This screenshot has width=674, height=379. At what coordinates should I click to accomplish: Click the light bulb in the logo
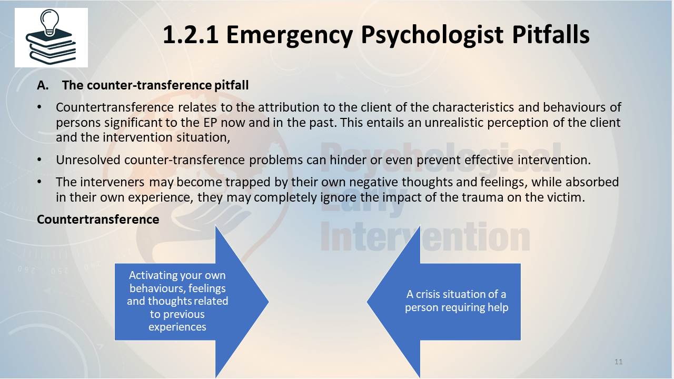49,22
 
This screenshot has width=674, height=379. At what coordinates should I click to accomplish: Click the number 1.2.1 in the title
191,35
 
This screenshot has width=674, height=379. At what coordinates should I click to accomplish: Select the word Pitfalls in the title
551,34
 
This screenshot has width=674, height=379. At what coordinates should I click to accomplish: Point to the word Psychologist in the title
432,35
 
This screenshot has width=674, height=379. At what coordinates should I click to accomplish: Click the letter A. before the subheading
43,85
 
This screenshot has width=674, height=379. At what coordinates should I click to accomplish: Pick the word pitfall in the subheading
231,85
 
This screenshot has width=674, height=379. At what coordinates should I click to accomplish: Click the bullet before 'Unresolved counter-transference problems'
39,159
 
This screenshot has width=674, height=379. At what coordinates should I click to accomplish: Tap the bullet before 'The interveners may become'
39,182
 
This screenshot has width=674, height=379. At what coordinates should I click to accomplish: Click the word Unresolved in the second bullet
88,159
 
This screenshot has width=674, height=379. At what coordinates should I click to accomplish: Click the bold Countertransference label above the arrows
98,220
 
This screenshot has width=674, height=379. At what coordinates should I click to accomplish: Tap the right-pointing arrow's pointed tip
269,302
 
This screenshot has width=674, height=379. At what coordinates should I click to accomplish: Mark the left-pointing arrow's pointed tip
368,302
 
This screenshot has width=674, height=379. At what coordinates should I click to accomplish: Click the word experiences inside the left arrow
177,327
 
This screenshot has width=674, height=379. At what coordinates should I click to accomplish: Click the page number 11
618,362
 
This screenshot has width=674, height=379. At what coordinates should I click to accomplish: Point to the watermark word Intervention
425,237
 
